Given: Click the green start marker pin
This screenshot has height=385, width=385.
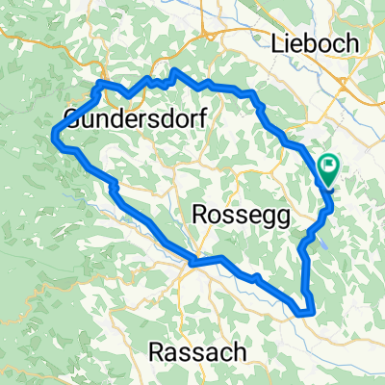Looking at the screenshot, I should click(x=328, y=169).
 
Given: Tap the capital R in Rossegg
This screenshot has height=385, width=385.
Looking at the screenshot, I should click(x=202, y=216).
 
